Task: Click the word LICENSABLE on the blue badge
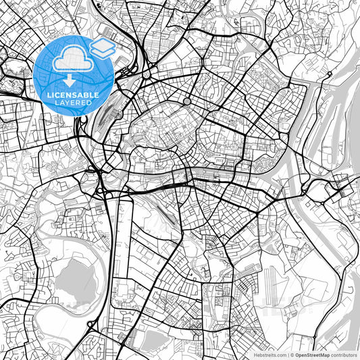click(x=73, y=95)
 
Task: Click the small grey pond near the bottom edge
click(x=154, y=338)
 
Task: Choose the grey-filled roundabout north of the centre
click(x=187, y=101)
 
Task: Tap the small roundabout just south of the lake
click(x=91, y=326)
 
